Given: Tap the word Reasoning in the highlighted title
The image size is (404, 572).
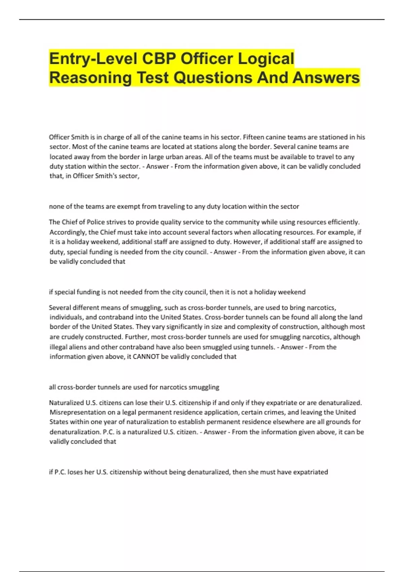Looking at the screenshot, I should click(x=91, y=78).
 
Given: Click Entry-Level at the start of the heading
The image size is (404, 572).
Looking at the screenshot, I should click(x=93, y=59).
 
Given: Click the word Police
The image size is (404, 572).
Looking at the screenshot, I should click(x=96, y=222).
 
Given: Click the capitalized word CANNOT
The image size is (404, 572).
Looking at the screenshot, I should click(x=146, y=357).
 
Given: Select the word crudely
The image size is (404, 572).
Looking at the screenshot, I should click(x=73, y=337).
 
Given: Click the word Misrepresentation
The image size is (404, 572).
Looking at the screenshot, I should click(x=73, y=413).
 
